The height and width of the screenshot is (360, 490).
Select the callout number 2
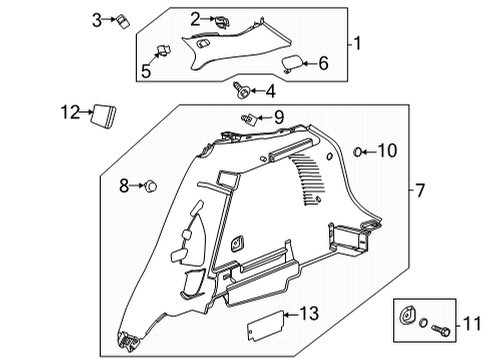[195, 17]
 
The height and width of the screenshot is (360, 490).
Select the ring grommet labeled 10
[359, 152]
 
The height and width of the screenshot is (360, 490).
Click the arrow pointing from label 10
[368, 152]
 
